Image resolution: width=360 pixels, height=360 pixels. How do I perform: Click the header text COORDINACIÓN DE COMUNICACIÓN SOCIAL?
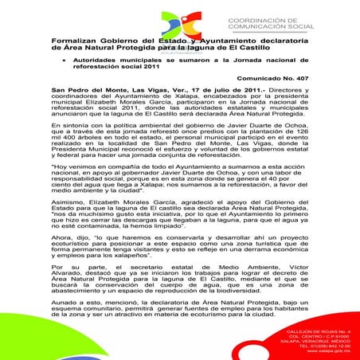point(271,24)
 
